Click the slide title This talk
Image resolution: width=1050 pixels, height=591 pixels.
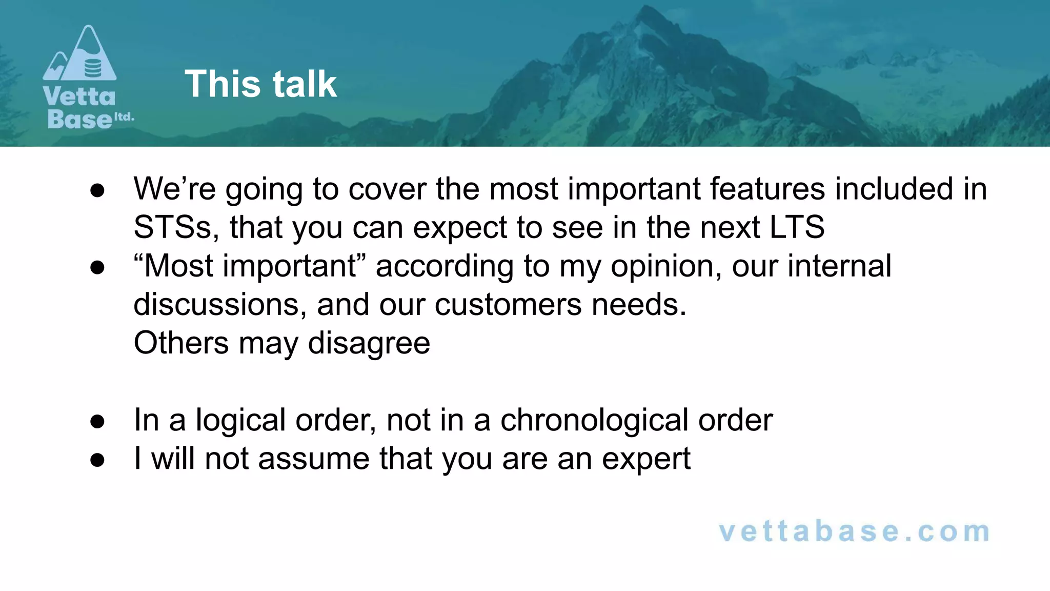pyautogui.click(x=260, y=84)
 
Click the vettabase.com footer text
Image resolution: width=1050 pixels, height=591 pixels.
pyautogui.click(x=854, y=531)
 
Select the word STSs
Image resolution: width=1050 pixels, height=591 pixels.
pyautogui.click(x=172, y=227)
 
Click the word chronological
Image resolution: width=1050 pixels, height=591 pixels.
pyautogui.click(x=594, y=420)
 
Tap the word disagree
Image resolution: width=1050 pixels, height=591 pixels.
pyautogui.click(x=369, y=343)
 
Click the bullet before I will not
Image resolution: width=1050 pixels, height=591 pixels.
pyautogui.click(x=97, y=460)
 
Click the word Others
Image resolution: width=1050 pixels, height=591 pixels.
pyautogui.click(x=181, y=343)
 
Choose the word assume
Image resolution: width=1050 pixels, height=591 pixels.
pyautogui.click(x=313, y=459)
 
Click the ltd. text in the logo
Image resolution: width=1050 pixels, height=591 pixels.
pyautogui.click(x=124, y=117)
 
